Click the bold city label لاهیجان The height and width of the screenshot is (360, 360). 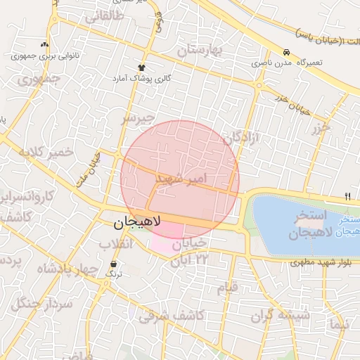point(138,224)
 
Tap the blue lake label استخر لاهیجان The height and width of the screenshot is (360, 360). point(304,223)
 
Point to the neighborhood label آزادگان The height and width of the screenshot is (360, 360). point(241,137)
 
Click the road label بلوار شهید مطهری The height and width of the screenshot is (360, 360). point(325,263)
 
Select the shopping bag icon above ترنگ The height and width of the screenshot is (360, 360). point(114,264)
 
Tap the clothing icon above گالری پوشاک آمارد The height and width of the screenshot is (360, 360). point(142,67)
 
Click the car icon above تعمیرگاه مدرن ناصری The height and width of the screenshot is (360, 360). point(286,52)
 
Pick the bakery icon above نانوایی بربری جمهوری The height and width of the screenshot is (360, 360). point(47,44)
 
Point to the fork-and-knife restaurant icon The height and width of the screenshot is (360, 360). point(348,196)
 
